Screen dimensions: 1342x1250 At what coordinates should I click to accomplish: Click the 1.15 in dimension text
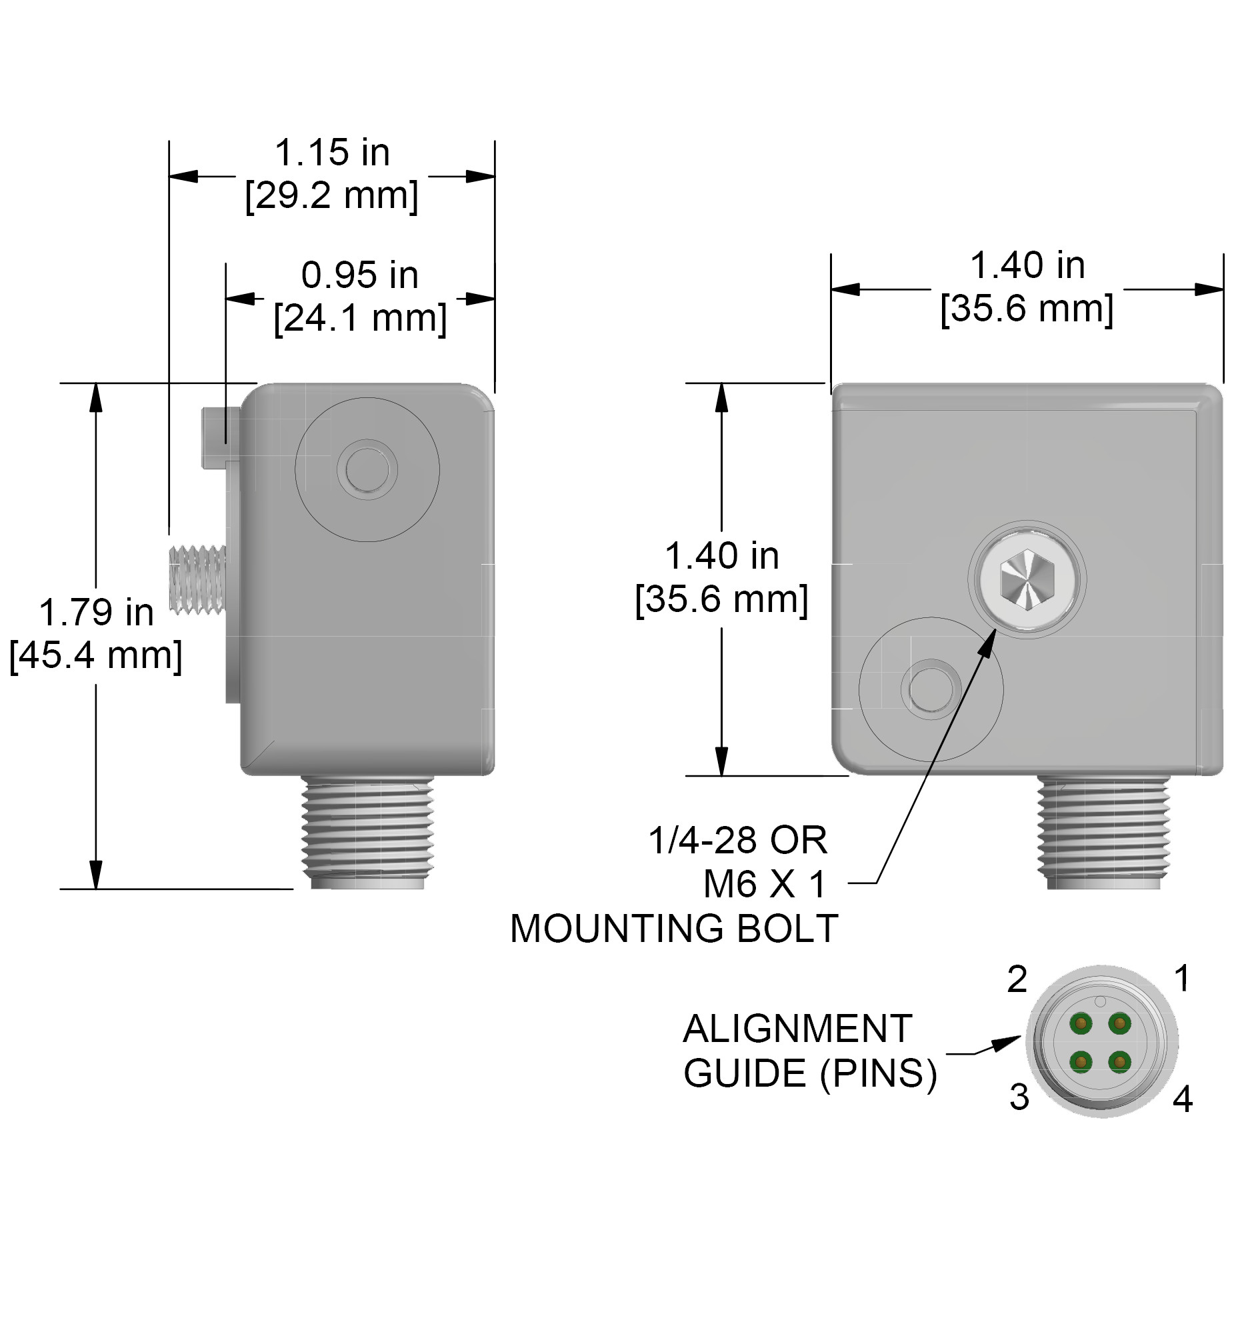(x=331, y=153)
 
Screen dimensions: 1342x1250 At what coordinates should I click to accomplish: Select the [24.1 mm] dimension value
(x=360, y=318)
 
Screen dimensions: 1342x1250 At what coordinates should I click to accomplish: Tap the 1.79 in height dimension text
(x=96, y=612)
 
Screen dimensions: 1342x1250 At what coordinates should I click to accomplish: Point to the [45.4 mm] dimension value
(x=96, y=655)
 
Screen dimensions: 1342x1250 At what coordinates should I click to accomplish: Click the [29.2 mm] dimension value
(x=331, y=196)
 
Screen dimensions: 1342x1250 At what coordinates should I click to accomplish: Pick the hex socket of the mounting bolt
(x=1026, y=579)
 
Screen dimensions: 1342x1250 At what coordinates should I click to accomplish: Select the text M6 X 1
(x=764, y=884)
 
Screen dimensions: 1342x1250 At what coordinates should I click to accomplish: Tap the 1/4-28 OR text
(x=737, y=841)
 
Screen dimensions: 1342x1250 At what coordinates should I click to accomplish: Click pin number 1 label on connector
(x=1181, y=978)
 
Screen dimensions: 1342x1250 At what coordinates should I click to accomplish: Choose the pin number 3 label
(x=1019, y=1097)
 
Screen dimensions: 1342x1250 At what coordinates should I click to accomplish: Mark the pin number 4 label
(x=1182, y=1099)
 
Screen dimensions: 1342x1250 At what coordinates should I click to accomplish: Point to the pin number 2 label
(x=1017, y=979)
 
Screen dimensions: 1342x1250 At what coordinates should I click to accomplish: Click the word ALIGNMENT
(x=797, y=1029)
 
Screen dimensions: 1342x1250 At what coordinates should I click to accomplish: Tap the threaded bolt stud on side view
(x=197, y=579)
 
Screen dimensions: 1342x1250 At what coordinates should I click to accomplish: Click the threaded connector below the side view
(x=367, y=831)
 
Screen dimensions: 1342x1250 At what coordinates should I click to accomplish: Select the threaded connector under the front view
(x=1103, y=831)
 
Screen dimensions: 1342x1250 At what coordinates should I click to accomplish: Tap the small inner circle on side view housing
(x=367, y=469)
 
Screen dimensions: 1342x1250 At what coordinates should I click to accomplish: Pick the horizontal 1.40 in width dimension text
(x=1027, y=265)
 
